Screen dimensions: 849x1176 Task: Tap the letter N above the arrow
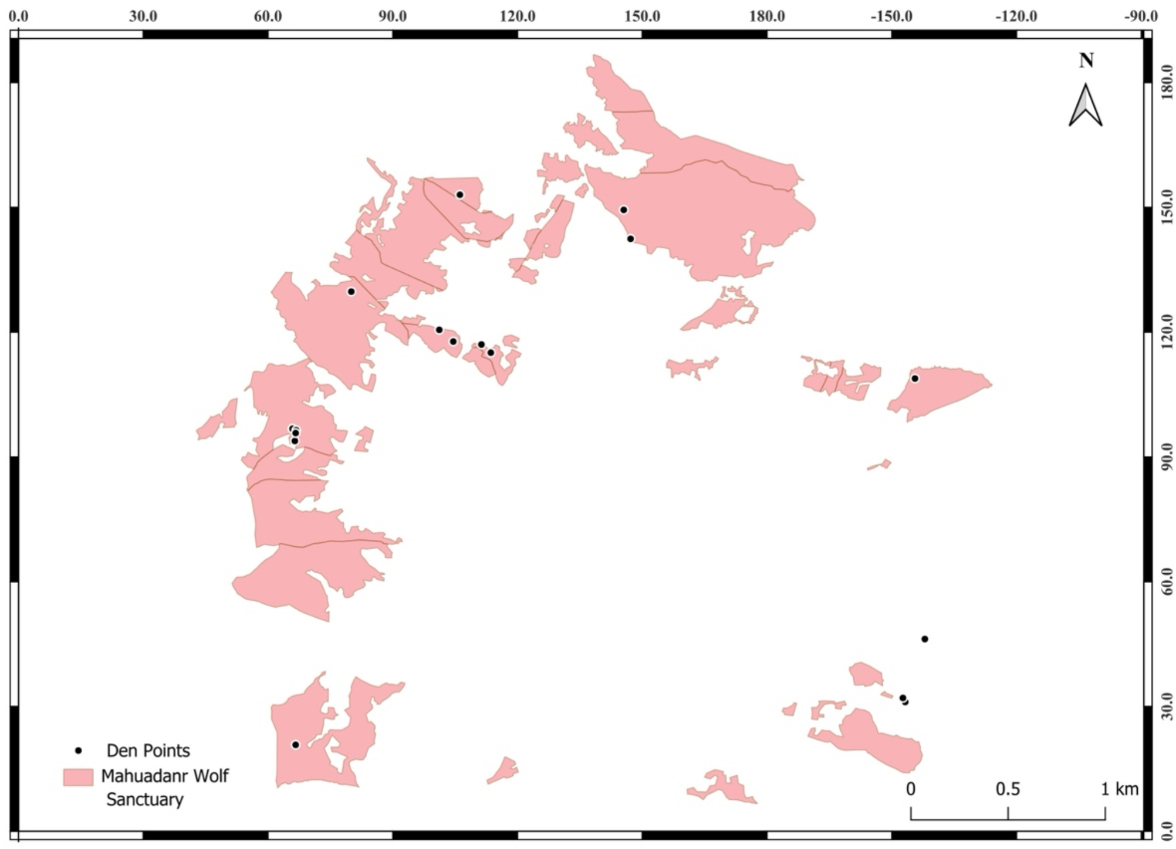(x=1086, y=60)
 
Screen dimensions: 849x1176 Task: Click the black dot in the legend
(x=79, y=750)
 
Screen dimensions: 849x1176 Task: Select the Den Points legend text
(x=148, y=750)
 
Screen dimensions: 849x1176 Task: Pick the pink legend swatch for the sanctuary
(x=78, y=777)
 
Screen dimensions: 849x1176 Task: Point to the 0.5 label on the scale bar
(x=1007, y=789)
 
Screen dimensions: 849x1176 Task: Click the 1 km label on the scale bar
(x=1119, y=789)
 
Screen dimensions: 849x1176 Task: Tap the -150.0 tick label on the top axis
(x=891, y=16)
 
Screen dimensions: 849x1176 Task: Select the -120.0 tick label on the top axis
(x=1016, y=16)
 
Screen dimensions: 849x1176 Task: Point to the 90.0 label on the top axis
(x=392, y=16)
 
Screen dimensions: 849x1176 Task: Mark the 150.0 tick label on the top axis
(x=642, y=16)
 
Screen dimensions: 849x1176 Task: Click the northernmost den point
(x=460, y=194)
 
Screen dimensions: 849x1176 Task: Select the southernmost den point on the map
(x=296, y=745)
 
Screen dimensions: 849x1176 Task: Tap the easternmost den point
(x=925, y=639)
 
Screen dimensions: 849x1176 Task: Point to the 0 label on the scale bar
(x=911, y=789)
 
